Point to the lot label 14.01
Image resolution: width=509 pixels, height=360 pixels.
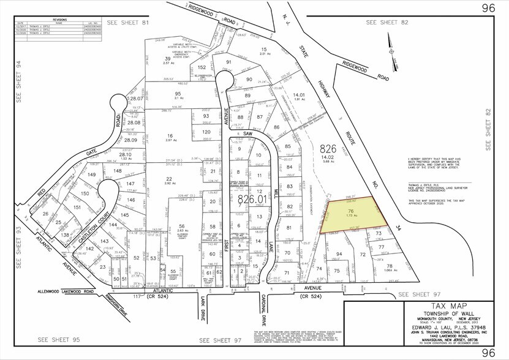299,95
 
